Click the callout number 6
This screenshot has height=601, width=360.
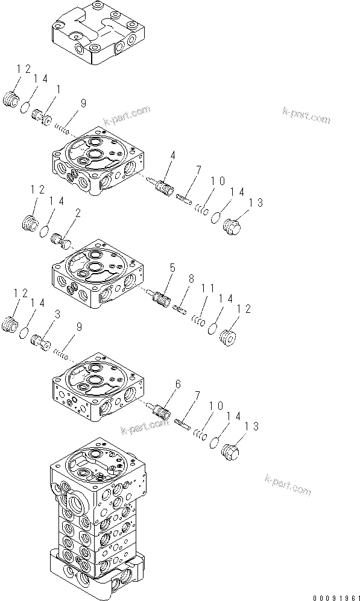pyautogui.click(x=178, y=383)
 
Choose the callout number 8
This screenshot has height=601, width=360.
pyautogui.click(x=191, y=280)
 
